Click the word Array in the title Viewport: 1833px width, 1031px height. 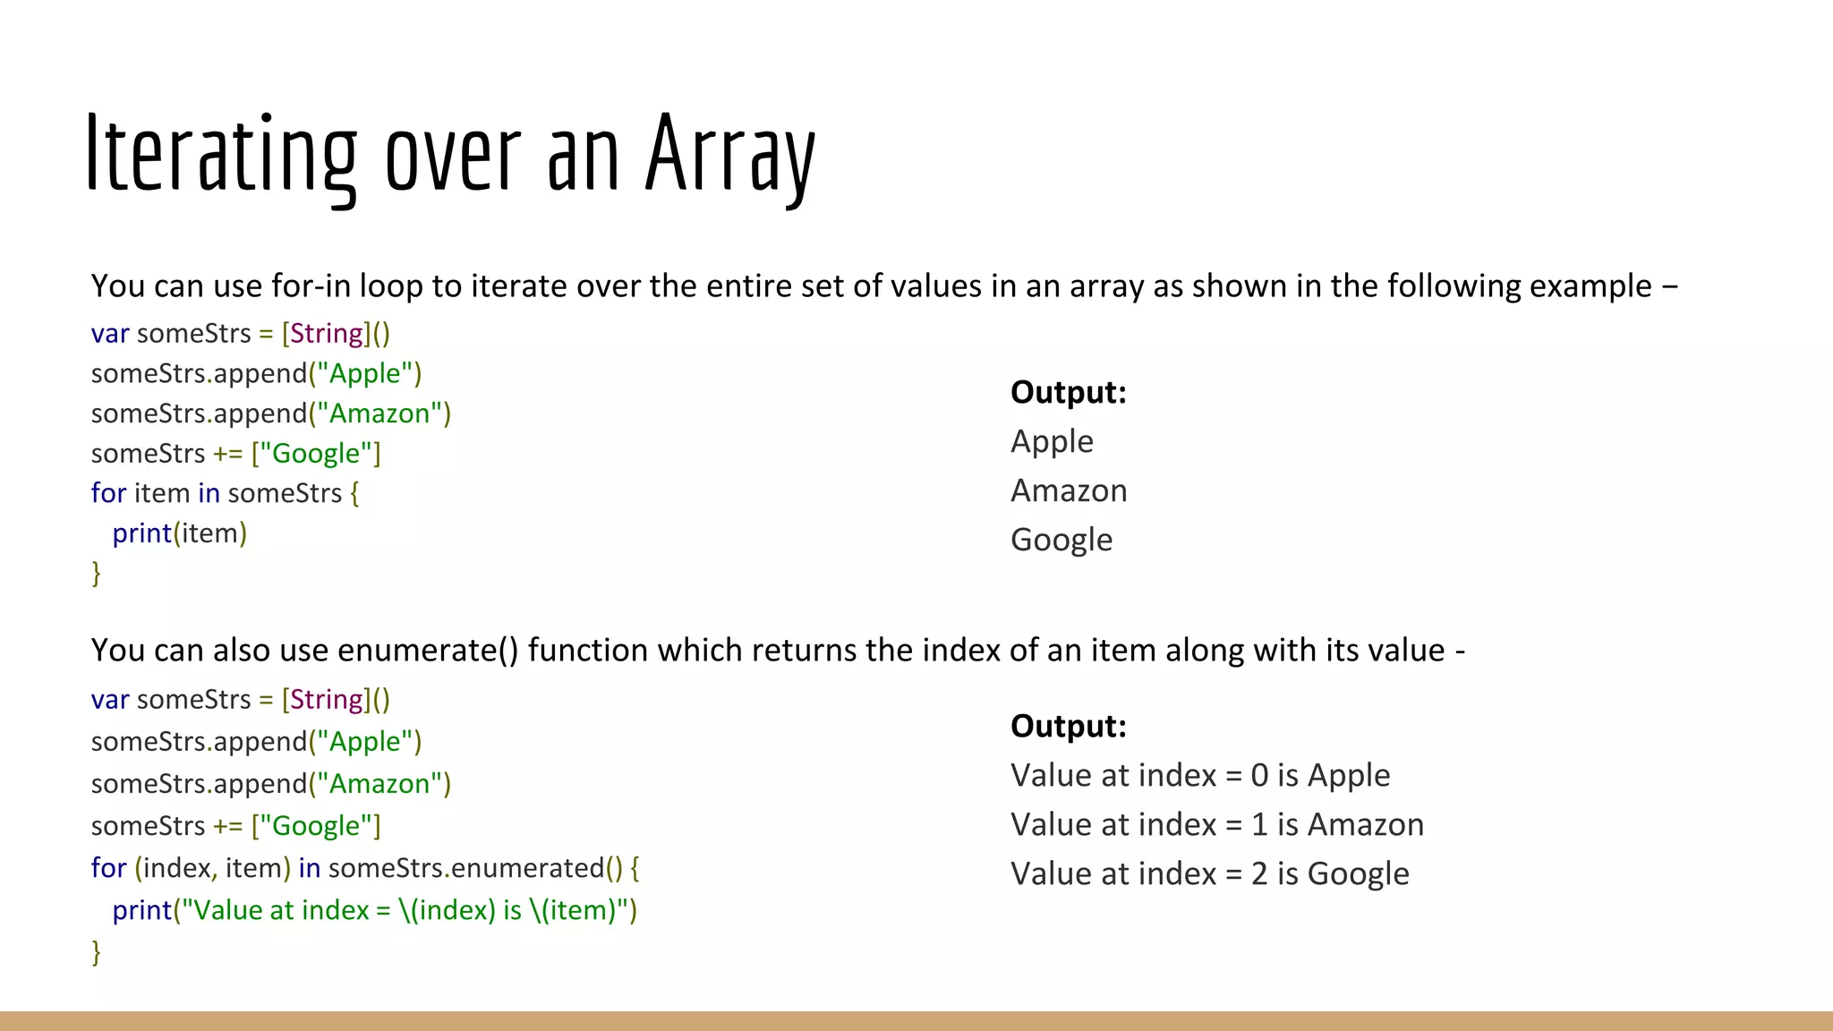pos(729,154)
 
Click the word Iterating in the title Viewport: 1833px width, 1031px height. pos(220,154)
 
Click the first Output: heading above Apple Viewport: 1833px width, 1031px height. pos(1068,392)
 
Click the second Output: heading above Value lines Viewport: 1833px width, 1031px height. pos(1068,726)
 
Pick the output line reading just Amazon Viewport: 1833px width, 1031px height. pos(1069,490)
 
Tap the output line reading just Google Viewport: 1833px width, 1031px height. pos(1061,540)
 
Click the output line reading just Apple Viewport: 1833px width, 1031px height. pos(1052,441)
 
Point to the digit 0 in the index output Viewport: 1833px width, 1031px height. pos(1259,775)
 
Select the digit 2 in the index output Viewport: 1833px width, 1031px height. pos(1259,873)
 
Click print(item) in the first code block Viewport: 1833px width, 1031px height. pos(179,533)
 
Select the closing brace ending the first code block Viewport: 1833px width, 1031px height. pos(96,573)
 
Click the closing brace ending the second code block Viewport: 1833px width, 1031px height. pos(96,951)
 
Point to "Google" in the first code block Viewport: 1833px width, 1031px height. pos(316,454)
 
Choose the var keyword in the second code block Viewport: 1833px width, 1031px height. pos(109,700)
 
